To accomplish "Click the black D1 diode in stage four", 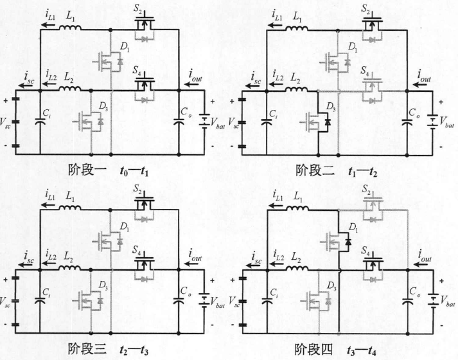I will (x=347, y=242).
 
